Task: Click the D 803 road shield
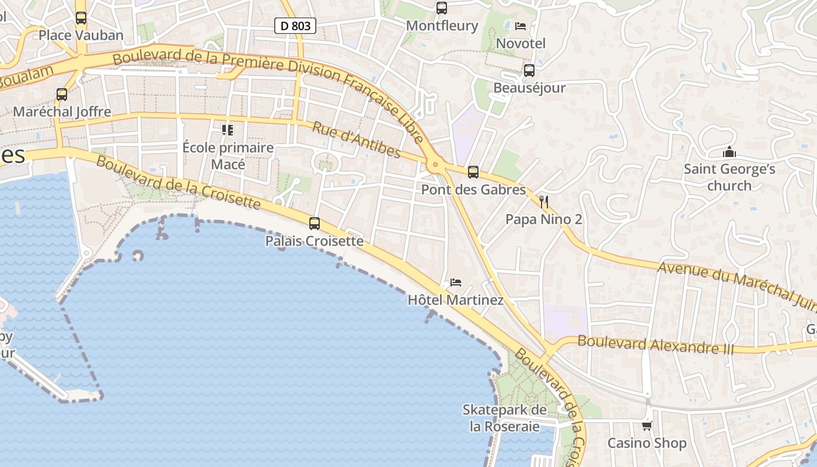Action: [295, 25]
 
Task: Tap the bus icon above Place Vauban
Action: [81, 18]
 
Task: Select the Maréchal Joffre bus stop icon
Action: [62, 94]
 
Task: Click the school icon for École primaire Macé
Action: [228, 130]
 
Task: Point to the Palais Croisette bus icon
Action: [315, 223]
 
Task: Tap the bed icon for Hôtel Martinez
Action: [456, 283]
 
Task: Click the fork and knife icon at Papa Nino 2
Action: [544, 202]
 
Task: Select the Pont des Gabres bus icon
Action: [473, 172]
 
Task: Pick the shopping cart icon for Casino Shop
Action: [647, 426]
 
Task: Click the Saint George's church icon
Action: [729, 152]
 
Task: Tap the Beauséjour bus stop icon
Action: [529, 71]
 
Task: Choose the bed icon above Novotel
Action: [521, 26]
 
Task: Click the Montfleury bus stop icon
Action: [442, 8]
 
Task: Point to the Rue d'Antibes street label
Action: [357, 140]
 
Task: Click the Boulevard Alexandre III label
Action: [656, 344]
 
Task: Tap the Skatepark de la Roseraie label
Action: [505, 418]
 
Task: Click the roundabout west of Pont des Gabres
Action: [434, 165]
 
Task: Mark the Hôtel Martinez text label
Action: [455, 301]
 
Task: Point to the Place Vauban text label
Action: [81, 36]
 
